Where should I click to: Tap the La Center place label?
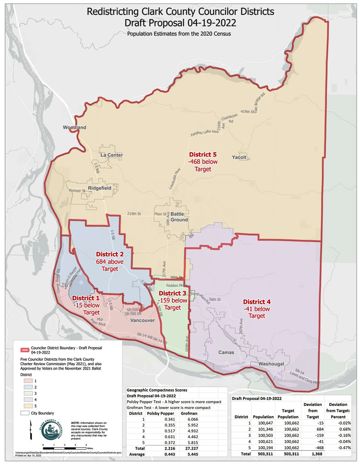coord(111,155)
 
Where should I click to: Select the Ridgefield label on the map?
coord(100,188)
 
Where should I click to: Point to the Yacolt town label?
coord(239,157)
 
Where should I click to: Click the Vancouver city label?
coord(142,320)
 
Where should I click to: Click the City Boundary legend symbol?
coord(25,413)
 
